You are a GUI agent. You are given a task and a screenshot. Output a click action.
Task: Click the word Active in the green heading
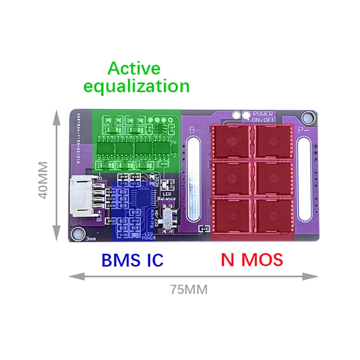(x=134, y=69)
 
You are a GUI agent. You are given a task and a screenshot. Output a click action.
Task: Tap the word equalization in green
(x=148, y=85)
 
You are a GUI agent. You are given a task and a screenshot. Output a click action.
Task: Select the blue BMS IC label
(x=132, y=260)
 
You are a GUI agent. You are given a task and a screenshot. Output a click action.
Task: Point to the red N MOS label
(x=252, y=260)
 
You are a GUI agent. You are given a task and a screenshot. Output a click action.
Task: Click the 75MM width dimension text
(x=189, y=290)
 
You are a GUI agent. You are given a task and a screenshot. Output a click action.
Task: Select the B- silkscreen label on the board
(x=194, y=130)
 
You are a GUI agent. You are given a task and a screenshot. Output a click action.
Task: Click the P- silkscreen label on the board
(x=303, y=130)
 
